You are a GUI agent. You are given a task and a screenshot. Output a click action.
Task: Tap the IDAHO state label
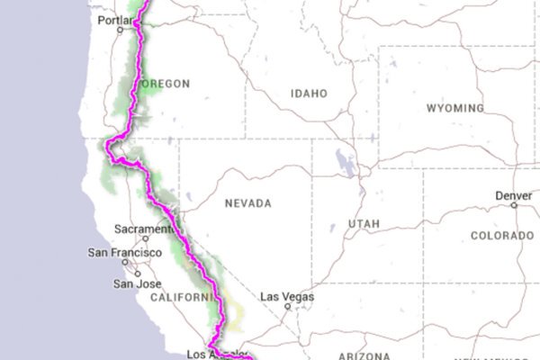309,93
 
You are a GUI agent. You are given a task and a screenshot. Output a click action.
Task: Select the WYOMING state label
454,108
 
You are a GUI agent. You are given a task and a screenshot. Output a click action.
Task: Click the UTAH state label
364,223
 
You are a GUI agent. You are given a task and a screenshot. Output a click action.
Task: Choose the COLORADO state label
501,236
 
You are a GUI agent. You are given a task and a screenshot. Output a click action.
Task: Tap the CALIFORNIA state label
183,296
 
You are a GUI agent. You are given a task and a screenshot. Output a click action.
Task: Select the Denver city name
513,195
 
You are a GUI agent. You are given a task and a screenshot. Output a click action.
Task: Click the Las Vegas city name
283,295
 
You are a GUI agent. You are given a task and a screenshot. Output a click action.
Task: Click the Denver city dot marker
514,204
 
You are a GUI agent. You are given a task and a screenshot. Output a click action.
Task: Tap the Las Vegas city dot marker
287,305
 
